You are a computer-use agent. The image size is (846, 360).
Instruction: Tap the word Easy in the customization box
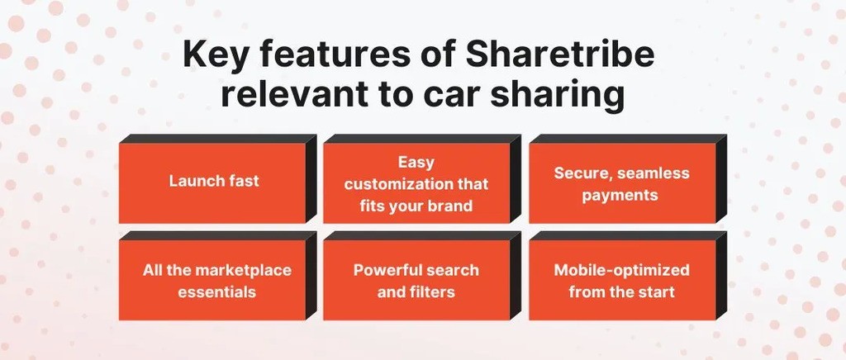coord(416,163)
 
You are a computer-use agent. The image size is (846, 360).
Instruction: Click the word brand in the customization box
coord(450,205)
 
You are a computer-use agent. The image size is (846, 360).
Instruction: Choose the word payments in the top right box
coord(620,195)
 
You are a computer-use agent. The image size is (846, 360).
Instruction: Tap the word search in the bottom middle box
coord(453,270)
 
